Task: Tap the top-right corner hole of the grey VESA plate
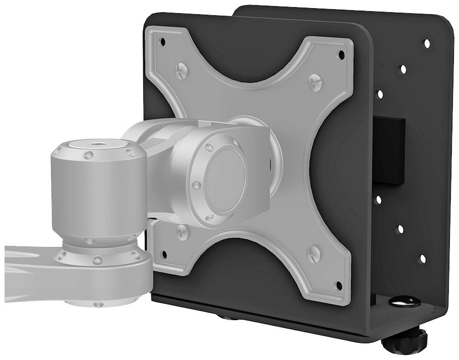pyautogui.click(x=341, y=54)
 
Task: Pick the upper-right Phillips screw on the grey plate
pyautogui.click(x=315, y=79)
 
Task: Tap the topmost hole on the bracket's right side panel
pyautogui.click(x=427, y=43)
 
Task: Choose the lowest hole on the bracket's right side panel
pyautogui.click(x=423, y=259)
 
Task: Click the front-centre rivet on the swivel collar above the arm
pyautogui.click(x=98, y=260)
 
